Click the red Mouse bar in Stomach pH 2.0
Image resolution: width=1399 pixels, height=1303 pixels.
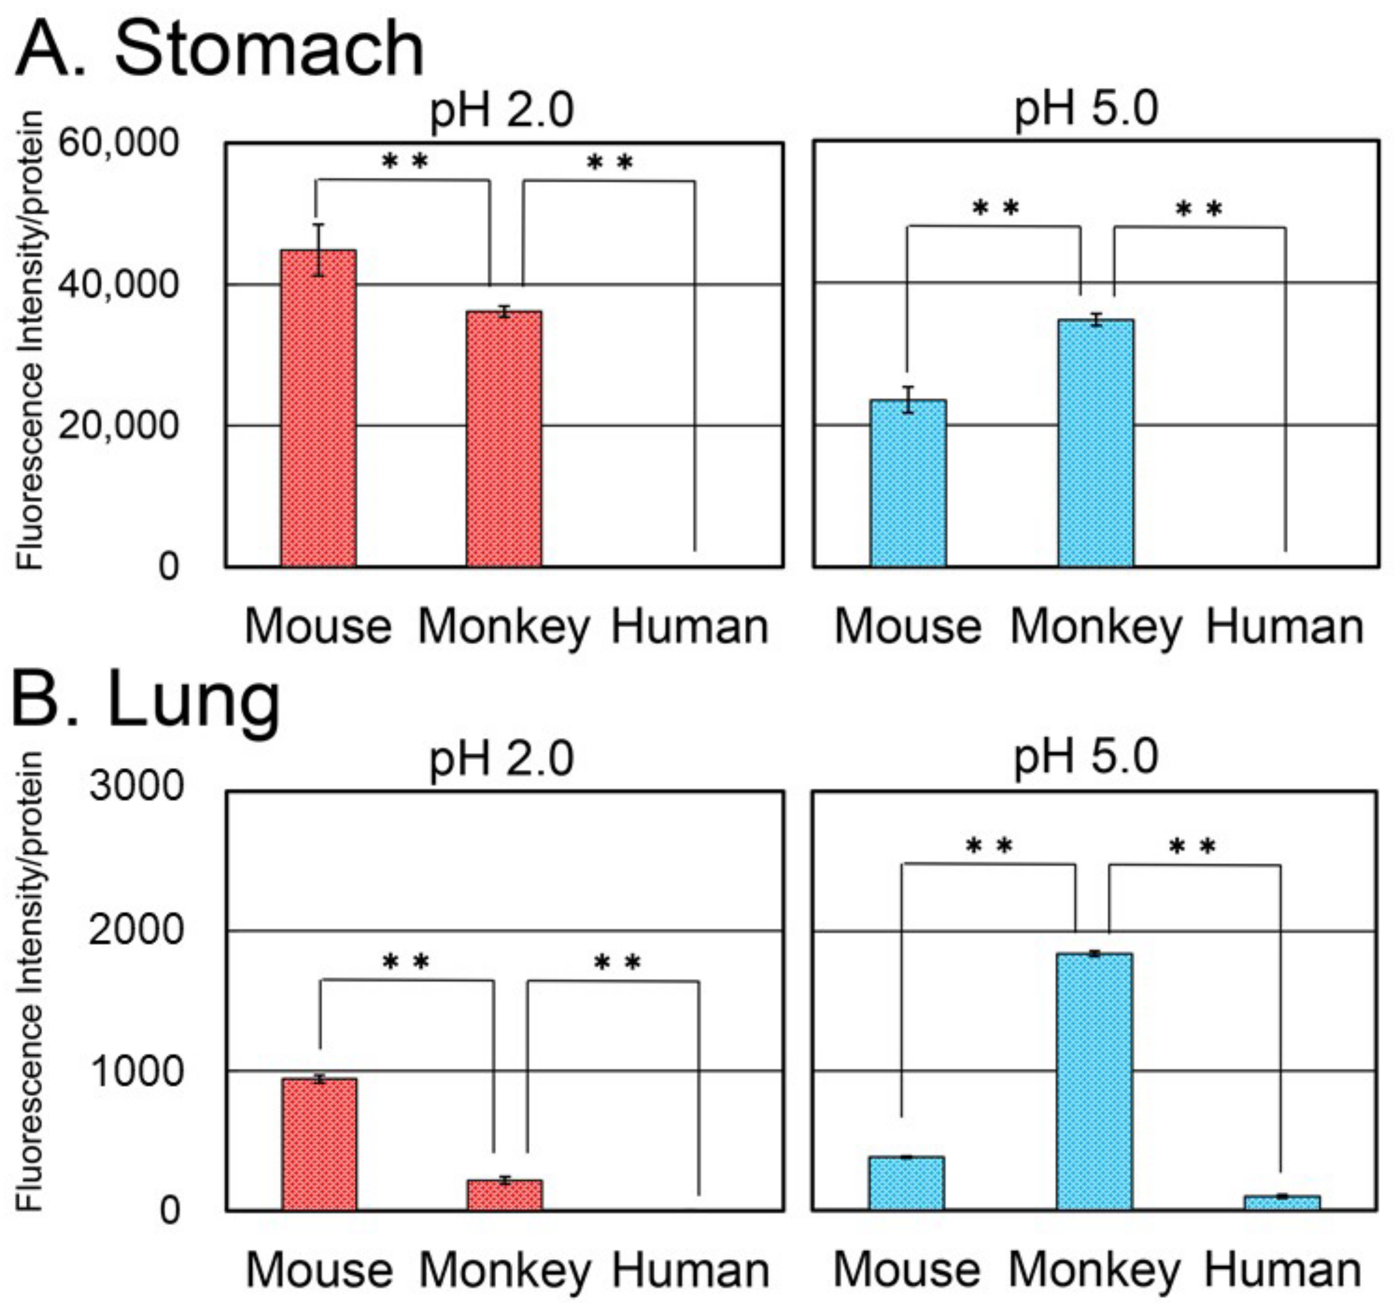coord(318,408)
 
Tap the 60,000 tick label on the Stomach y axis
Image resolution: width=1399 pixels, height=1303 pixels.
coord(118,143)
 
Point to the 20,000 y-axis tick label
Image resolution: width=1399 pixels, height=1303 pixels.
coord(118,425)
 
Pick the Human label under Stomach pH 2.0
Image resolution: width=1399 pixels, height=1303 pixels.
coord(689,627)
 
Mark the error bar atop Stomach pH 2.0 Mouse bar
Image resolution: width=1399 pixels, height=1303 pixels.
coord(319,250)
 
